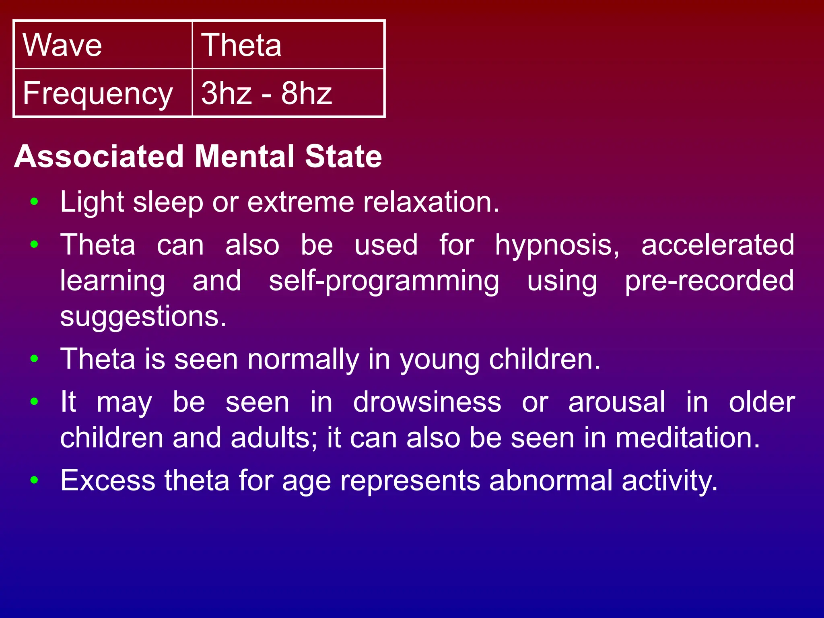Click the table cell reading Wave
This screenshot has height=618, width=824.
[103, 45]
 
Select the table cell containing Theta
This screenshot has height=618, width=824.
[288, 45]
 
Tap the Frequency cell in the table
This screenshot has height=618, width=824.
[103, 93]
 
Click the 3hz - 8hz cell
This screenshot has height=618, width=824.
[288, 93]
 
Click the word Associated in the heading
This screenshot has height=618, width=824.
[99, 157]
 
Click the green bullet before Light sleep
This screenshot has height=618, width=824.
[35, 202]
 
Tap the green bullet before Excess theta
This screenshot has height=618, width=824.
[35, 480]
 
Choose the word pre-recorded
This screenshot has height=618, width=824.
[709, 281]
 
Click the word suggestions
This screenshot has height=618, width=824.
[143, 317]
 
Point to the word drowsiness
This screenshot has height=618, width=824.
[427, 402]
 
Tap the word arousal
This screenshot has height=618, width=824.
[616, 402]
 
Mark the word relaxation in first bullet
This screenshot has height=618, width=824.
[431, 202]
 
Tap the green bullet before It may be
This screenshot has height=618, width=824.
[35, 402]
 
